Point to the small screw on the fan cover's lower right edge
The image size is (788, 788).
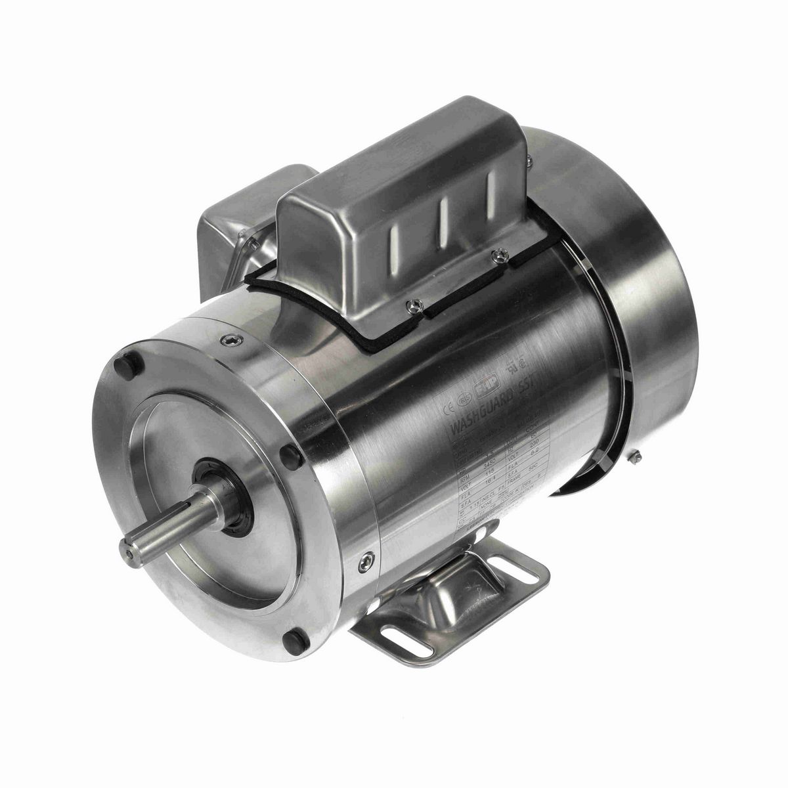[636, 456]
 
